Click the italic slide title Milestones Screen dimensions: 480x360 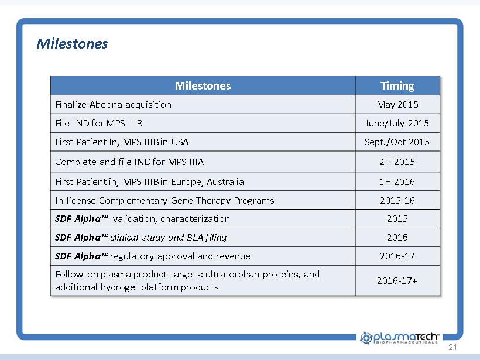[x=72, y=44]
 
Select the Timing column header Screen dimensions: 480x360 [x=397, y=85]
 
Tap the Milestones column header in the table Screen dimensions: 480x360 [x=203, y=85]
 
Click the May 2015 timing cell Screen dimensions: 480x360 [x=397, y=105]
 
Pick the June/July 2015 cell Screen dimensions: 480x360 [x=397, y=124]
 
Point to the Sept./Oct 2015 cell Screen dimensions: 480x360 [x=397, y=142]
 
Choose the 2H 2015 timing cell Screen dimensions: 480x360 [x=397, y=162]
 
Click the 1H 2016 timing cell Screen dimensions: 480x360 [x=397, y=182]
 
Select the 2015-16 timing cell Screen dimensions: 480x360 [x=397, y=201]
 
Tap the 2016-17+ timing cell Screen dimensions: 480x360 [x=397, y=281]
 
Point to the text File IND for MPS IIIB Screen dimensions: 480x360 [x=99, y=124]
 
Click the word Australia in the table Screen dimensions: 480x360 [x=225, y=182]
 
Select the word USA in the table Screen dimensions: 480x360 [x=180, y=142]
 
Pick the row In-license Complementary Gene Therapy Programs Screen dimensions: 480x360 [x=164, y=201]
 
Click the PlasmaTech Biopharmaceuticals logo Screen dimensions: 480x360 [x=400, y=338]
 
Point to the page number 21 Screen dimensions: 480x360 [x=452, y=347]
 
